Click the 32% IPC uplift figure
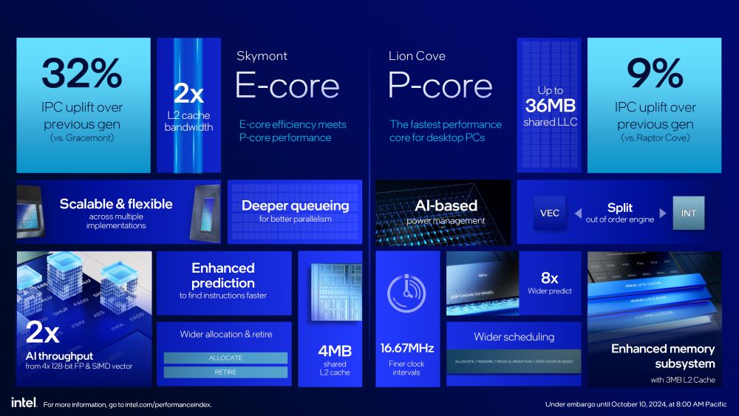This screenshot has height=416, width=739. (82, 75)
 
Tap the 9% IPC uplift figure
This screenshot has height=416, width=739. (655, 75)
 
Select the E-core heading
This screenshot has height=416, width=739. (287, 86)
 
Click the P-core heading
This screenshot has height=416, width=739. (440, 86)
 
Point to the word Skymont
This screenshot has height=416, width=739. (262, 56)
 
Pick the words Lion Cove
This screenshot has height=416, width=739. (417, 56)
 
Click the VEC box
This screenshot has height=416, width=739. (550, 213)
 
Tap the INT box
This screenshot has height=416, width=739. (688, 213)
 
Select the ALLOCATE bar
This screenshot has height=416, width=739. (225, 358)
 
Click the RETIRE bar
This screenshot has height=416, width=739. (225, 372)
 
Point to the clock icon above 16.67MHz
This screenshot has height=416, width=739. (406, 293)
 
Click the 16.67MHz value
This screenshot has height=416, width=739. (407, 348)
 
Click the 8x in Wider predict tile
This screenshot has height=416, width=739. (549, 277)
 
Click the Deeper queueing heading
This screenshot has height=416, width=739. (295, 205)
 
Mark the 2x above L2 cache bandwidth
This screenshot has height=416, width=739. (188, 94)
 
